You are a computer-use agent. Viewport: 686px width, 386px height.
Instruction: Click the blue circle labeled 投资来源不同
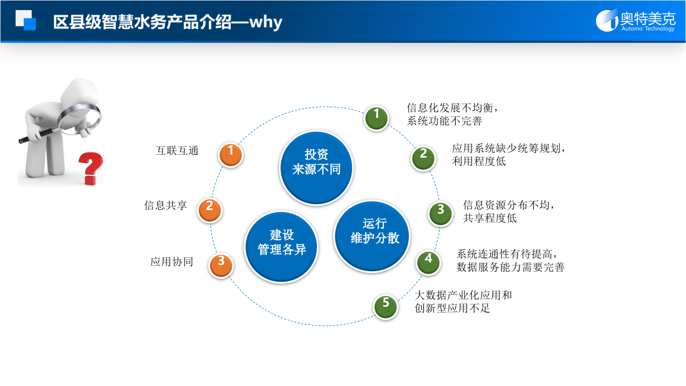pos(316,168)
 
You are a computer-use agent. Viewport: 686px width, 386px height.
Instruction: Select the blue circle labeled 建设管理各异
pos(282,247)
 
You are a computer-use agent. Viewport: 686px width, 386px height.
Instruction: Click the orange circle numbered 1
pos(231,155)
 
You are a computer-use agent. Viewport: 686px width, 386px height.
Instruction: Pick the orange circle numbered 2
pos(209,210)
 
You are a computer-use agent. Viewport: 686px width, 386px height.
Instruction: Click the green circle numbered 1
pos(377,118)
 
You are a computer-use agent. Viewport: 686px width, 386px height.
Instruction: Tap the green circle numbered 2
pos(423,157)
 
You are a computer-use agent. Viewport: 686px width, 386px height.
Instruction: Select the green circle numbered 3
pos(441,213)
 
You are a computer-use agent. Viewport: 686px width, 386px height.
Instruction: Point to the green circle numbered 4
pos(428,262)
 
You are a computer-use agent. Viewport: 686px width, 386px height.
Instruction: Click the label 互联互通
pos(177,151)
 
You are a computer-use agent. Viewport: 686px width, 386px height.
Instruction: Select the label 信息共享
pos(166,205)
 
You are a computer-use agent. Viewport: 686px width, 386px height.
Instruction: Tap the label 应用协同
pos(171,262)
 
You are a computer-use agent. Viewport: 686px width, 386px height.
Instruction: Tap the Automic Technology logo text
pos(647,29)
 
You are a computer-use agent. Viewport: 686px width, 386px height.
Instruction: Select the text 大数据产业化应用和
pos(463,295)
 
